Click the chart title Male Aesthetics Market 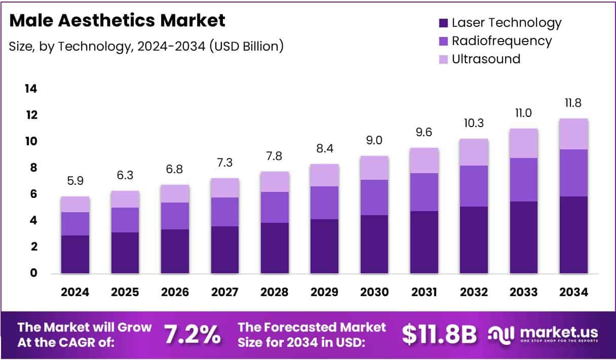[x=117, y=21]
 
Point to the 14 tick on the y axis [x=30, y=89]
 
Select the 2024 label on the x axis [x=75, y=292]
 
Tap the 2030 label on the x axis [x=374, y=292]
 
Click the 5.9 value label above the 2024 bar [x=75, y=181]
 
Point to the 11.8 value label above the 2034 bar [x=574, y=103]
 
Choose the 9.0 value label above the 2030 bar [x=374, y=140]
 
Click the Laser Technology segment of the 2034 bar [x=574, y=235]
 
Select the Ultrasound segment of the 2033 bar [x=524, y=143]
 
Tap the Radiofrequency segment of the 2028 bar [x=275, y=207]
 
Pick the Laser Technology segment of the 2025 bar [x=125, y=253]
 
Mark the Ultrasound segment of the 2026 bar [x=175, y=193]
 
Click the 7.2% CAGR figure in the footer [x=192, y=334]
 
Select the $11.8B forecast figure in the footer [x=439, y=334]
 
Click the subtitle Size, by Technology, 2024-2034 [x=146, y=47]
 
